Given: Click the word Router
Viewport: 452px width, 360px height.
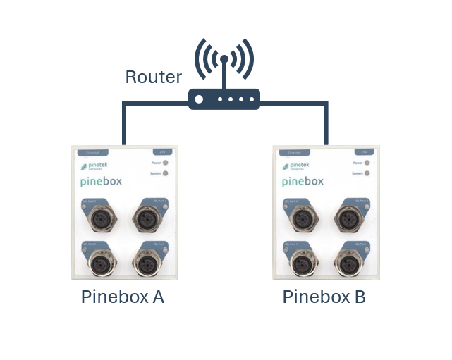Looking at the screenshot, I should click(153, 77).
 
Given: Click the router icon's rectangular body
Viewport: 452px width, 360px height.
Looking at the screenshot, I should click(224, 99).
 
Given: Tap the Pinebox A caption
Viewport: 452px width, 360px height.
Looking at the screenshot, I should click(123, 297).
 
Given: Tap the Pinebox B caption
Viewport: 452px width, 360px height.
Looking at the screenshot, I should click(324, 297).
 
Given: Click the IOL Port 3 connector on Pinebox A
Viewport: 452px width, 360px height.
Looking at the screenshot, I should click(147, 220).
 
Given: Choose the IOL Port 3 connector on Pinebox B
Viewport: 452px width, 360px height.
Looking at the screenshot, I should click(348, 221).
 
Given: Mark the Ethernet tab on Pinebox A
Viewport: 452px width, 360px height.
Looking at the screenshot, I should click(92, 151).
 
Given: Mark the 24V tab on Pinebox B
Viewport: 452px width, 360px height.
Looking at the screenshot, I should click(365, 151).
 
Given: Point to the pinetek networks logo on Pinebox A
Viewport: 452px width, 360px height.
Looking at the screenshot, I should click(94, 167).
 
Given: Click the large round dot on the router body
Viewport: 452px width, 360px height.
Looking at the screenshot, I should click(199, 99).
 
